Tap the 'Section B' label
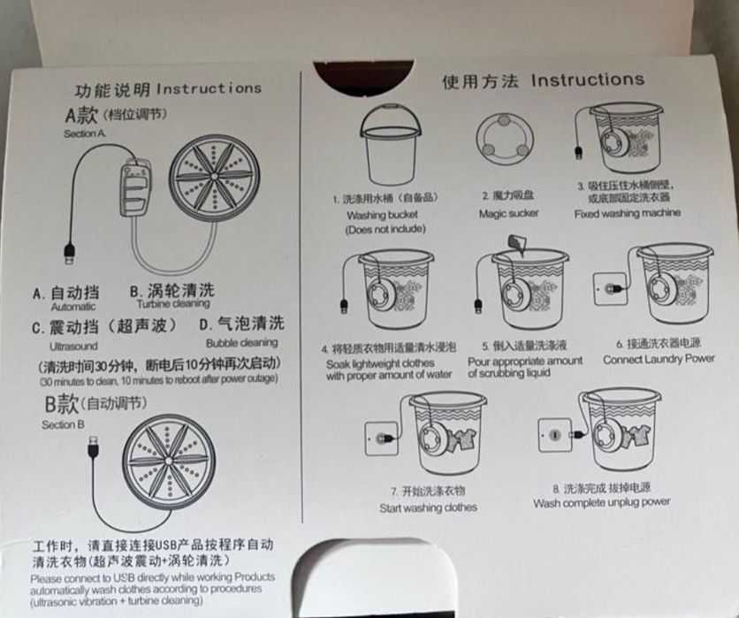(x=63, y=424)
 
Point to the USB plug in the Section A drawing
(x=68, y=254)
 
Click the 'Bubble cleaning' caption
(x=241, y=342)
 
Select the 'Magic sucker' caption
(x=508, y=214)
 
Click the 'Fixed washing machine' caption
(x=627, y=214)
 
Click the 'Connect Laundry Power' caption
(x=659, y=360)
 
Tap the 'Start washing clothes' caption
(x=428, y=507)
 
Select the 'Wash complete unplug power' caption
(x=601, y=502)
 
